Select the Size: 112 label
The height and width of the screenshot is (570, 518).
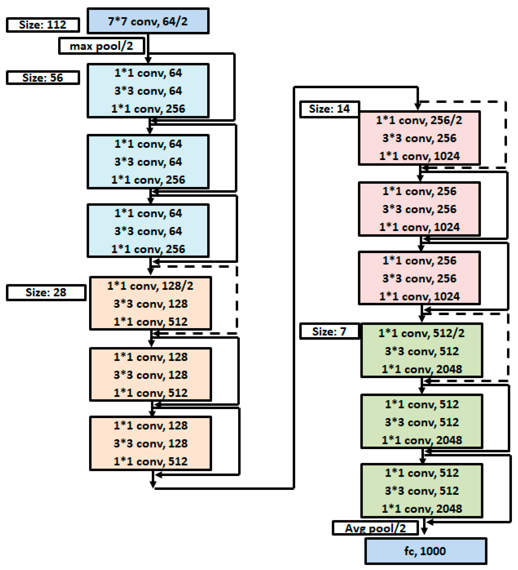pyautogui.click(x=43, y=25)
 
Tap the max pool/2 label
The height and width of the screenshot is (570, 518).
pyautogui.click(x=101, y=46)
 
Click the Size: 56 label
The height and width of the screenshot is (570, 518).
pyautogui.click(x=43, y=78)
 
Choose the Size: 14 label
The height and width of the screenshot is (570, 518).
pyautogui.click(x=329, y=109)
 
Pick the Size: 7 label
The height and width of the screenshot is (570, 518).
pyautogui.click(x=329, y=331)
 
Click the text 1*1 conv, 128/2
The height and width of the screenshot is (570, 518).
pyautogui.click(x=150, y=286)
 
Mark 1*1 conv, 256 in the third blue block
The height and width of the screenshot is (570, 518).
pyautogui.click(x=148, y=249)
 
